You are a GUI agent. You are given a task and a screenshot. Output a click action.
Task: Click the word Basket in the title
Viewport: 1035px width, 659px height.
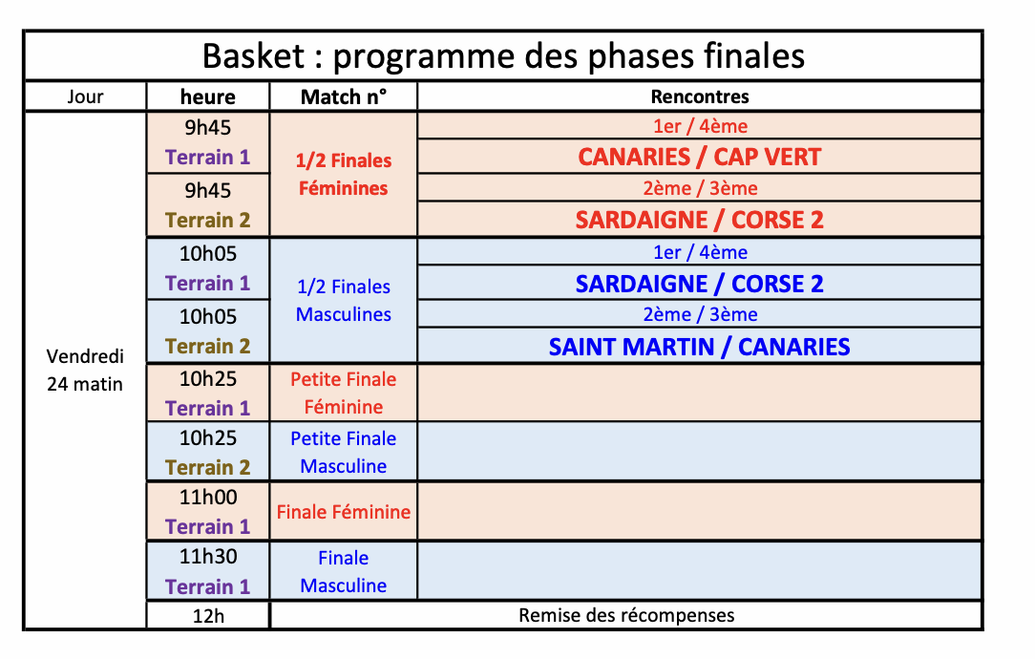[253, 55]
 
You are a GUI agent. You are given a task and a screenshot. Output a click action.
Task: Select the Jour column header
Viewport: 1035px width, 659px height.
[85, 97]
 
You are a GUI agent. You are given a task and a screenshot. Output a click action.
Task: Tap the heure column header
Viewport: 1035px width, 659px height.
[208, 97]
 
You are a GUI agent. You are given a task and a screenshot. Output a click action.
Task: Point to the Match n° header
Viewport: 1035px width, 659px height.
[343, 97]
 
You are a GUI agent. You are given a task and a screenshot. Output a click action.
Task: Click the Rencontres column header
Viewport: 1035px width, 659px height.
[700, 97]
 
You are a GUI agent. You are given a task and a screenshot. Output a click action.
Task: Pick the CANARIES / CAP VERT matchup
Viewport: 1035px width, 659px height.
[700, 158]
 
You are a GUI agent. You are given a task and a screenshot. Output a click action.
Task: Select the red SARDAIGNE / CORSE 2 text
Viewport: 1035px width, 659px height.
[700, 220]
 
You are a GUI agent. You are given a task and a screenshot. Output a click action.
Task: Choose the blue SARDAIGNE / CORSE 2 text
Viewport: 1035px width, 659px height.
[700, 284]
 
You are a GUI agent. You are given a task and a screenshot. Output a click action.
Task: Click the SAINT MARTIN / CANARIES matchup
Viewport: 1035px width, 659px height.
[700, 348]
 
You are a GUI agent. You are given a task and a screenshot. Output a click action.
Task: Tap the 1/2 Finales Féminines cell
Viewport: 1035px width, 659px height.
[343, 175]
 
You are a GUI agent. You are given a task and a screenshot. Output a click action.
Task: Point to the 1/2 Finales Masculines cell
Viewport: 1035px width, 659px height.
[343, 301]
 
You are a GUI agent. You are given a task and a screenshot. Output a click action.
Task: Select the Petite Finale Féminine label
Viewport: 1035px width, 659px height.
[343, 393]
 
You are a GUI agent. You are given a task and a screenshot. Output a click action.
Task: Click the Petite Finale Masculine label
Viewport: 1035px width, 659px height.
[343, 453]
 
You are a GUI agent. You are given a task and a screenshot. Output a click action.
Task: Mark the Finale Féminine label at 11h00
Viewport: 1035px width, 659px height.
[343, 512]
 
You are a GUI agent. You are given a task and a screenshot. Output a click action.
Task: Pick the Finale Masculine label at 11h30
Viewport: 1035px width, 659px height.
[343, 572]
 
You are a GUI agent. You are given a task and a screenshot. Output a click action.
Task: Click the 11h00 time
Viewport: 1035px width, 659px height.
[208, 498]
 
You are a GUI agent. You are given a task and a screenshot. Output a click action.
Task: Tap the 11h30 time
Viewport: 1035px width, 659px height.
[208, 557]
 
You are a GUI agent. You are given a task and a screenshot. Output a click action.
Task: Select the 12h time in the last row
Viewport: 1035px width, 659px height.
[208, 616]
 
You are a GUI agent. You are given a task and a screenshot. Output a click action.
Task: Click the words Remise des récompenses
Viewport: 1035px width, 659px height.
[626, 615]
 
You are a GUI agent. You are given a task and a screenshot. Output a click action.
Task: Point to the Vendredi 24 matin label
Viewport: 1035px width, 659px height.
[85, 370]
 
